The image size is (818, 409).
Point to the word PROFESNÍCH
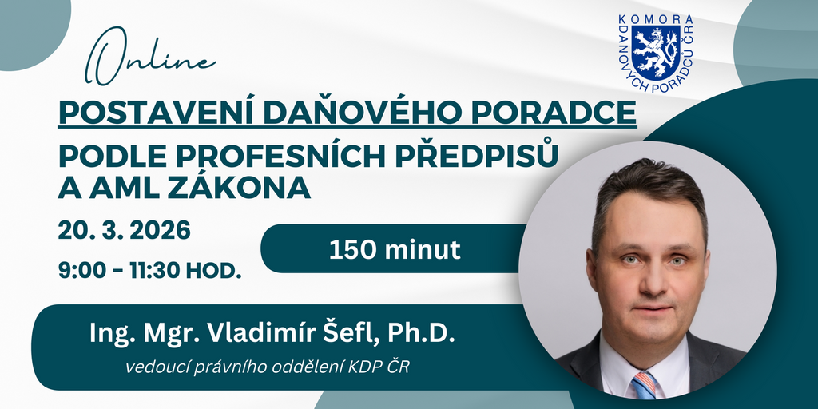tap(267, 156)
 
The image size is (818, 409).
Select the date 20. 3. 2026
tap(124, 231)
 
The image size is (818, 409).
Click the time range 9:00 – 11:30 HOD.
tap(149, 270)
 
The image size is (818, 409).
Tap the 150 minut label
tap(395, 250)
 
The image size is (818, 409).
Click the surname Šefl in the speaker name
tap(351, 333)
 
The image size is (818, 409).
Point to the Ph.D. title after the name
tap(422, 334)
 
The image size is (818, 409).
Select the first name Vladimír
tap(261, 333)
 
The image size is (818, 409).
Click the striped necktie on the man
tap(645, 386)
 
